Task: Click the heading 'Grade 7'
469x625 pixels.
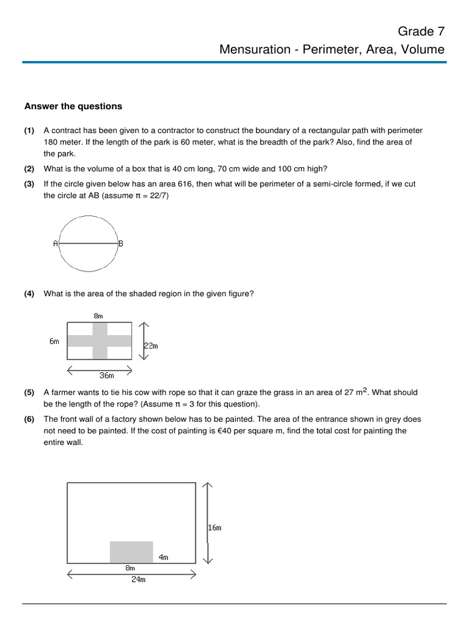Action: (421, 31)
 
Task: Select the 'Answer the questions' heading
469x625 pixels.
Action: (73, 106)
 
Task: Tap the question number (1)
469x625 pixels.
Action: (29, 131)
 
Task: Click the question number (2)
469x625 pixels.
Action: (29, 169)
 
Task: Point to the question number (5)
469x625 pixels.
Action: (29, 393)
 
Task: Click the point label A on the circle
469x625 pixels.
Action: (56, 244)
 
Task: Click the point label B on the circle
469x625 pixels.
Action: (121, 244)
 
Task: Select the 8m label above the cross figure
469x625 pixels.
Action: (98, 316)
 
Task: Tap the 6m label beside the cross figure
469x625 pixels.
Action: (54, 341)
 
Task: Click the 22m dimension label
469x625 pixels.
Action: (151, 345)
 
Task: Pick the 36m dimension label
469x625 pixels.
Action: (107, 376)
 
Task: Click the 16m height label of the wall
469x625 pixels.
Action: (214, 528)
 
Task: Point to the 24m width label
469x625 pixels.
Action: (139, 580)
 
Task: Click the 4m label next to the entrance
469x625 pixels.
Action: (163, 557)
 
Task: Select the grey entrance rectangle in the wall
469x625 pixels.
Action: (131, 552)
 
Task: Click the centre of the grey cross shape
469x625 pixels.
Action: (100, 341)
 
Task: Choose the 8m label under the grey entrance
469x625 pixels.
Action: (130, 568)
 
